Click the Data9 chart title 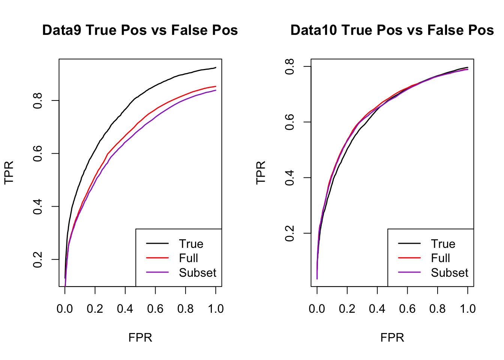140,30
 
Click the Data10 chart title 392,30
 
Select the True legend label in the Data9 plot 191,244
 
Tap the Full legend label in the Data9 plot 188,258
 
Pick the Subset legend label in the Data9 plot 198,273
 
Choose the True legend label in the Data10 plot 443,244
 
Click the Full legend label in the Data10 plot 440,258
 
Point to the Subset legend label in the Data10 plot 450,273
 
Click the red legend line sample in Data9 157,258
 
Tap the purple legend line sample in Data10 409,273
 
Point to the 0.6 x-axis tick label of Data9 155,309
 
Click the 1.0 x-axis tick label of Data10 468,309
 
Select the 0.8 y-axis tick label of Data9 38,101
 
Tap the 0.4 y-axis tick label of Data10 290,178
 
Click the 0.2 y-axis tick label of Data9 38,259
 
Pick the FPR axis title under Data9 140,337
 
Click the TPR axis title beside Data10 261,172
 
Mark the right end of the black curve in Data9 216,67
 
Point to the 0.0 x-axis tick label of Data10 317,309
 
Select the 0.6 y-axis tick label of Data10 290,122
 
